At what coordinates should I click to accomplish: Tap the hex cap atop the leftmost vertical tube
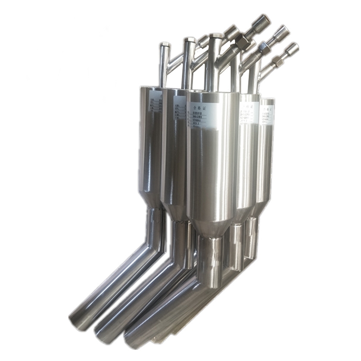165,45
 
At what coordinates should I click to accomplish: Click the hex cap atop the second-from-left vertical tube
189,41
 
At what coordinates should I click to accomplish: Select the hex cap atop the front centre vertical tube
216,37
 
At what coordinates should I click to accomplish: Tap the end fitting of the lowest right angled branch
292,48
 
